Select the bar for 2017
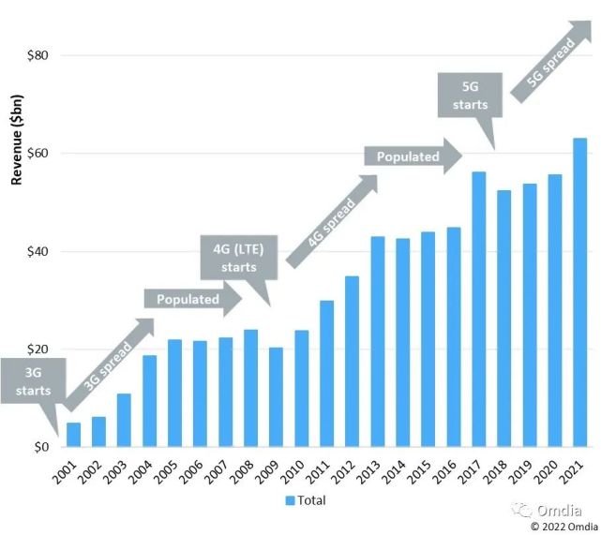point(478,309)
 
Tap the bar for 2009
point(276,397)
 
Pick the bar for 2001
point(73,435)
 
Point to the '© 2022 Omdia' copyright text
point(560,527)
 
